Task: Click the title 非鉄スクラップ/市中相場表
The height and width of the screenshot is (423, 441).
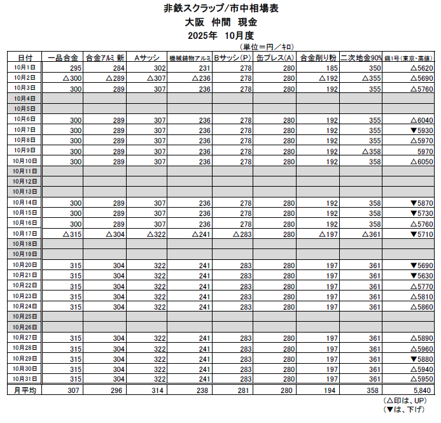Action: [220, 8]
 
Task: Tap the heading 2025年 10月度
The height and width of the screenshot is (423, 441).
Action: [220, 34]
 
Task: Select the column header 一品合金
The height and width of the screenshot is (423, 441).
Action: [63, 57]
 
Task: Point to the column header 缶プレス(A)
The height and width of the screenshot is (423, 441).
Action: [274, 57]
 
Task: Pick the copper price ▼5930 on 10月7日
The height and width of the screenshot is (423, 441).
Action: [422, 130]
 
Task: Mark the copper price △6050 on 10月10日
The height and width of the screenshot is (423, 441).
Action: [422, 161]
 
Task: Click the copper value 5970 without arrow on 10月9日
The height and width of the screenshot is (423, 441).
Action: [425, 151]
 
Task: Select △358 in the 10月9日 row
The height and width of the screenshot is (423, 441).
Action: [371, 151]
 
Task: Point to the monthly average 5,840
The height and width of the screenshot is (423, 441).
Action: [423, 390]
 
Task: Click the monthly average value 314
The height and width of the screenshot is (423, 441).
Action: [159, 390]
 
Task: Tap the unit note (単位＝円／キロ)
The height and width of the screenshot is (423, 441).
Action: [267, 47]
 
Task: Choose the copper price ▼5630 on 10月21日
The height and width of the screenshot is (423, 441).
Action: [422, 276]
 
